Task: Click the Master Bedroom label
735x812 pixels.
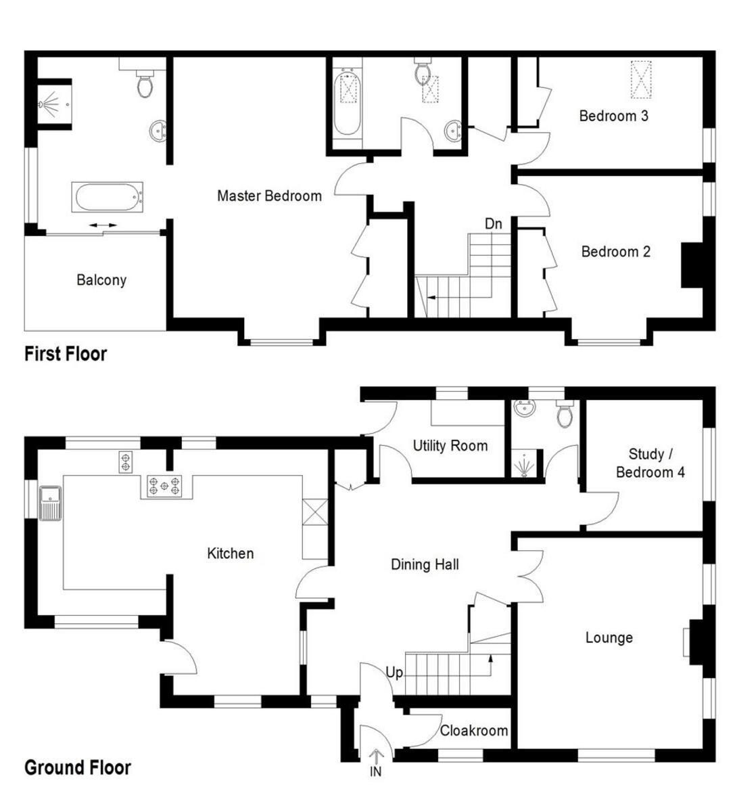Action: pyautogui.click(x=269, y=196)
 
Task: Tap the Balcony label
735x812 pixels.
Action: pyautogui.click(x=101, y=280)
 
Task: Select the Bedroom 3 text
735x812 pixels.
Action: pyautogui.click(x=613, y=116)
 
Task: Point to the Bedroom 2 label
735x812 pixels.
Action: pyautogui.click(x=615, y=252)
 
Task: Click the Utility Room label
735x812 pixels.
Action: pyautogui.click(x=450, y=446)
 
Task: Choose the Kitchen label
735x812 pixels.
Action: pyautogui.click(x=230, y=554)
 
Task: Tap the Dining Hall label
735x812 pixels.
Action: pyautogui.click(x=425, y=564)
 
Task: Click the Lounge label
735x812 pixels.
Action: pyautogui.click(x=609, y=637)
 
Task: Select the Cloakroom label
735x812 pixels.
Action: pyautogui.click(x=473, y=731)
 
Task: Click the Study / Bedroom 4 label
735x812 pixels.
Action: pyautogui.click(x=650, y=464)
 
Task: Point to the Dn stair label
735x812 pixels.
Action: pyautogui.click(x=493, y=223)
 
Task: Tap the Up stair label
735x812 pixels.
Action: pyautogui.click(x=394, y=673)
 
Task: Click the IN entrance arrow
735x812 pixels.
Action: pyautogui.click(x=376, y=757)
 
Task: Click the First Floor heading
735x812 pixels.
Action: pyautogui.click(x=66, y=354)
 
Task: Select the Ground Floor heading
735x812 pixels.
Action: pyautogui.click(x=77, y=768)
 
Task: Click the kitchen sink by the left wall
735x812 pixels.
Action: pyautogui.click(x=50, y=504)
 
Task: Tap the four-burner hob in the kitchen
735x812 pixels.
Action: pyautogui.click(x=166, y=486)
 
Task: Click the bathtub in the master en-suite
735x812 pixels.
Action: pyautogui.click(x=108, y=198)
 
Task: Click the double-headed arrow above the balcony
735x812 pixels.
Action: pyautogui.click(x=102, y=225)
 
